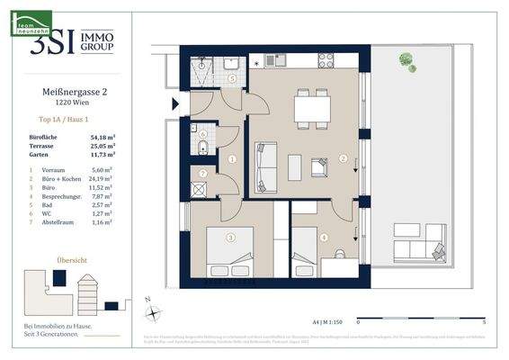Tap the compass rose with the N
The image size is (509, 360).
[155, 311]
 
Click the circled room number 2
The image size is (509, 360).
[343, 158]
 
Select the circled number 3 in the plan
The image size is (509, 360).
[231, 238]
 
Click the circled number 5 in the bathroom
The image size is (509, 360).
[232, 79]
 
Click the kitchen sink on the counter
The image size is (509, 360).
[282, 63]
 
